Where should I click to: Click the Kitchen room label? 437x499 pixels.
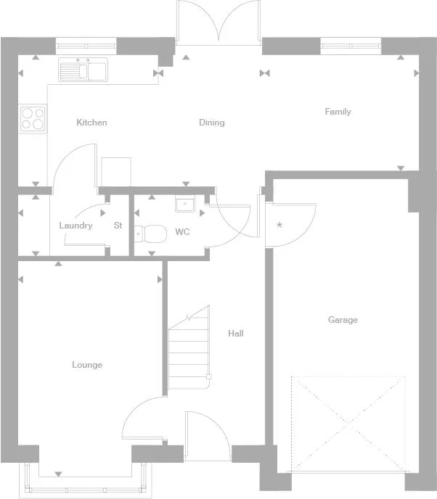(x=91, y=123)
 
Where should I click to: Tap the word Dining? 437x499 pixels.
(x=212, y=123)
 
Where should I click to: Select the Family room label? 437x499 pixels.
(x=338, y=112)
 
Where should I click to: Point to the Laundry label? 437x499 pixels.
(x=75, y=226)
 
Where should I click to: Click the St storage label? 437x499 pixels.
(x=118, y=226)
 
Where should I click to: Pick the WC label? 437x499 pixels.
(x=182, y=232)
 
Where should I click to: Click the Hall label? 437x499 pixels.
(x=236, y=334)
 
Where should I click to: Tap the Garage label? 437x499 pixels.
(x=343, y=320)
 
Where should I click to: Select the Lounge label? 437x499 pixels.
(x=87, y=365)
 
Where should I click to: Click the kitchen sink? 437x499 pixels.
(x=83, y=70)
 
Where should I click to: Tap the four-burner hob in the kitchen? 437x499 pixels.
(x=32, y=118)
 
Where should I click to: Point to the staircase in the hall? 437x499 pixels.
(x=189, y=348)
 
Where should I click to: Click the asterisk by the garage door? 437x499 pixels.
(x=279, y=225)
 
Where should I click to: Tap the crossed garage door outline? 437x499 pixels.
(x=348, y=424)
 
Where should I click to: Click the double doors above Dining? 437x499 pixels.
(x=218, y=23)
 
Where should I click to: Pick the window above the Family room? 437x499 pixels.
(x=351, y=46)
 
